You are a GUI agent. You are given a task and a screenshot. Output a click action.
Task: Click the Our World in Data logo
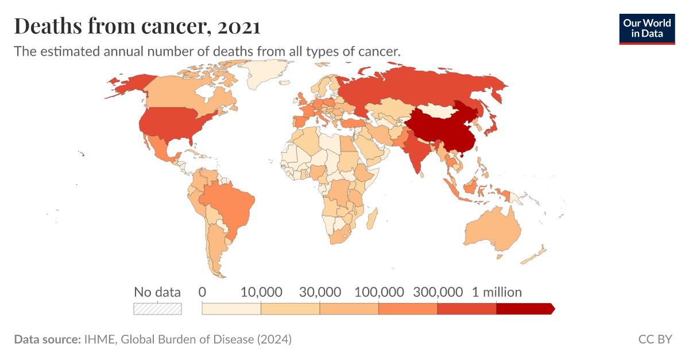[x=647, y=29]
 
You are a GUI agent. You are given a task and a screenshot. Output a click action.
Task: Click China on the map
[x=442, y=132]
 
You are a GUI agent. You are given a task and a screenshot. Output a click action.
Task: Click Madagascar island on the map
[x=371, y=218]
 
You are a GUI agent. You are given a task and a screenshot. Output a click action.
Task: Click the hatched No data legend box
[x=157, y=309]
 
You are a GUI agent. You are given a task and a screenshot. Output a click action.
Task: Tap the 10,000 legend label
[x=261, y=292]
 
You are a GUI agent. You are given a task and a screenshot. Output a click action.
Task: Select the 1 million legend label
[x=497, y=292]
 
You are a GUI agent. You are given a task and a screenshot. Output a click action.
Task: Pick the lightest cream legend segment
[x=231, y=309]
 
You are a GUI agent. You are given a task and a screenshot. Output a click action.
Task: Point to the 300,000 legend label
[x=438, y=292]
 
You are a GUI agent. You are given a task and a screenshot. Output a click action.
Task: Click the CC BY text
[x=655, y=339]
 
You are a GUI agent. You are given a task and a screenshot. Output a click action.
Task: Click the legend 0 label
[x=202, y=292]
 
